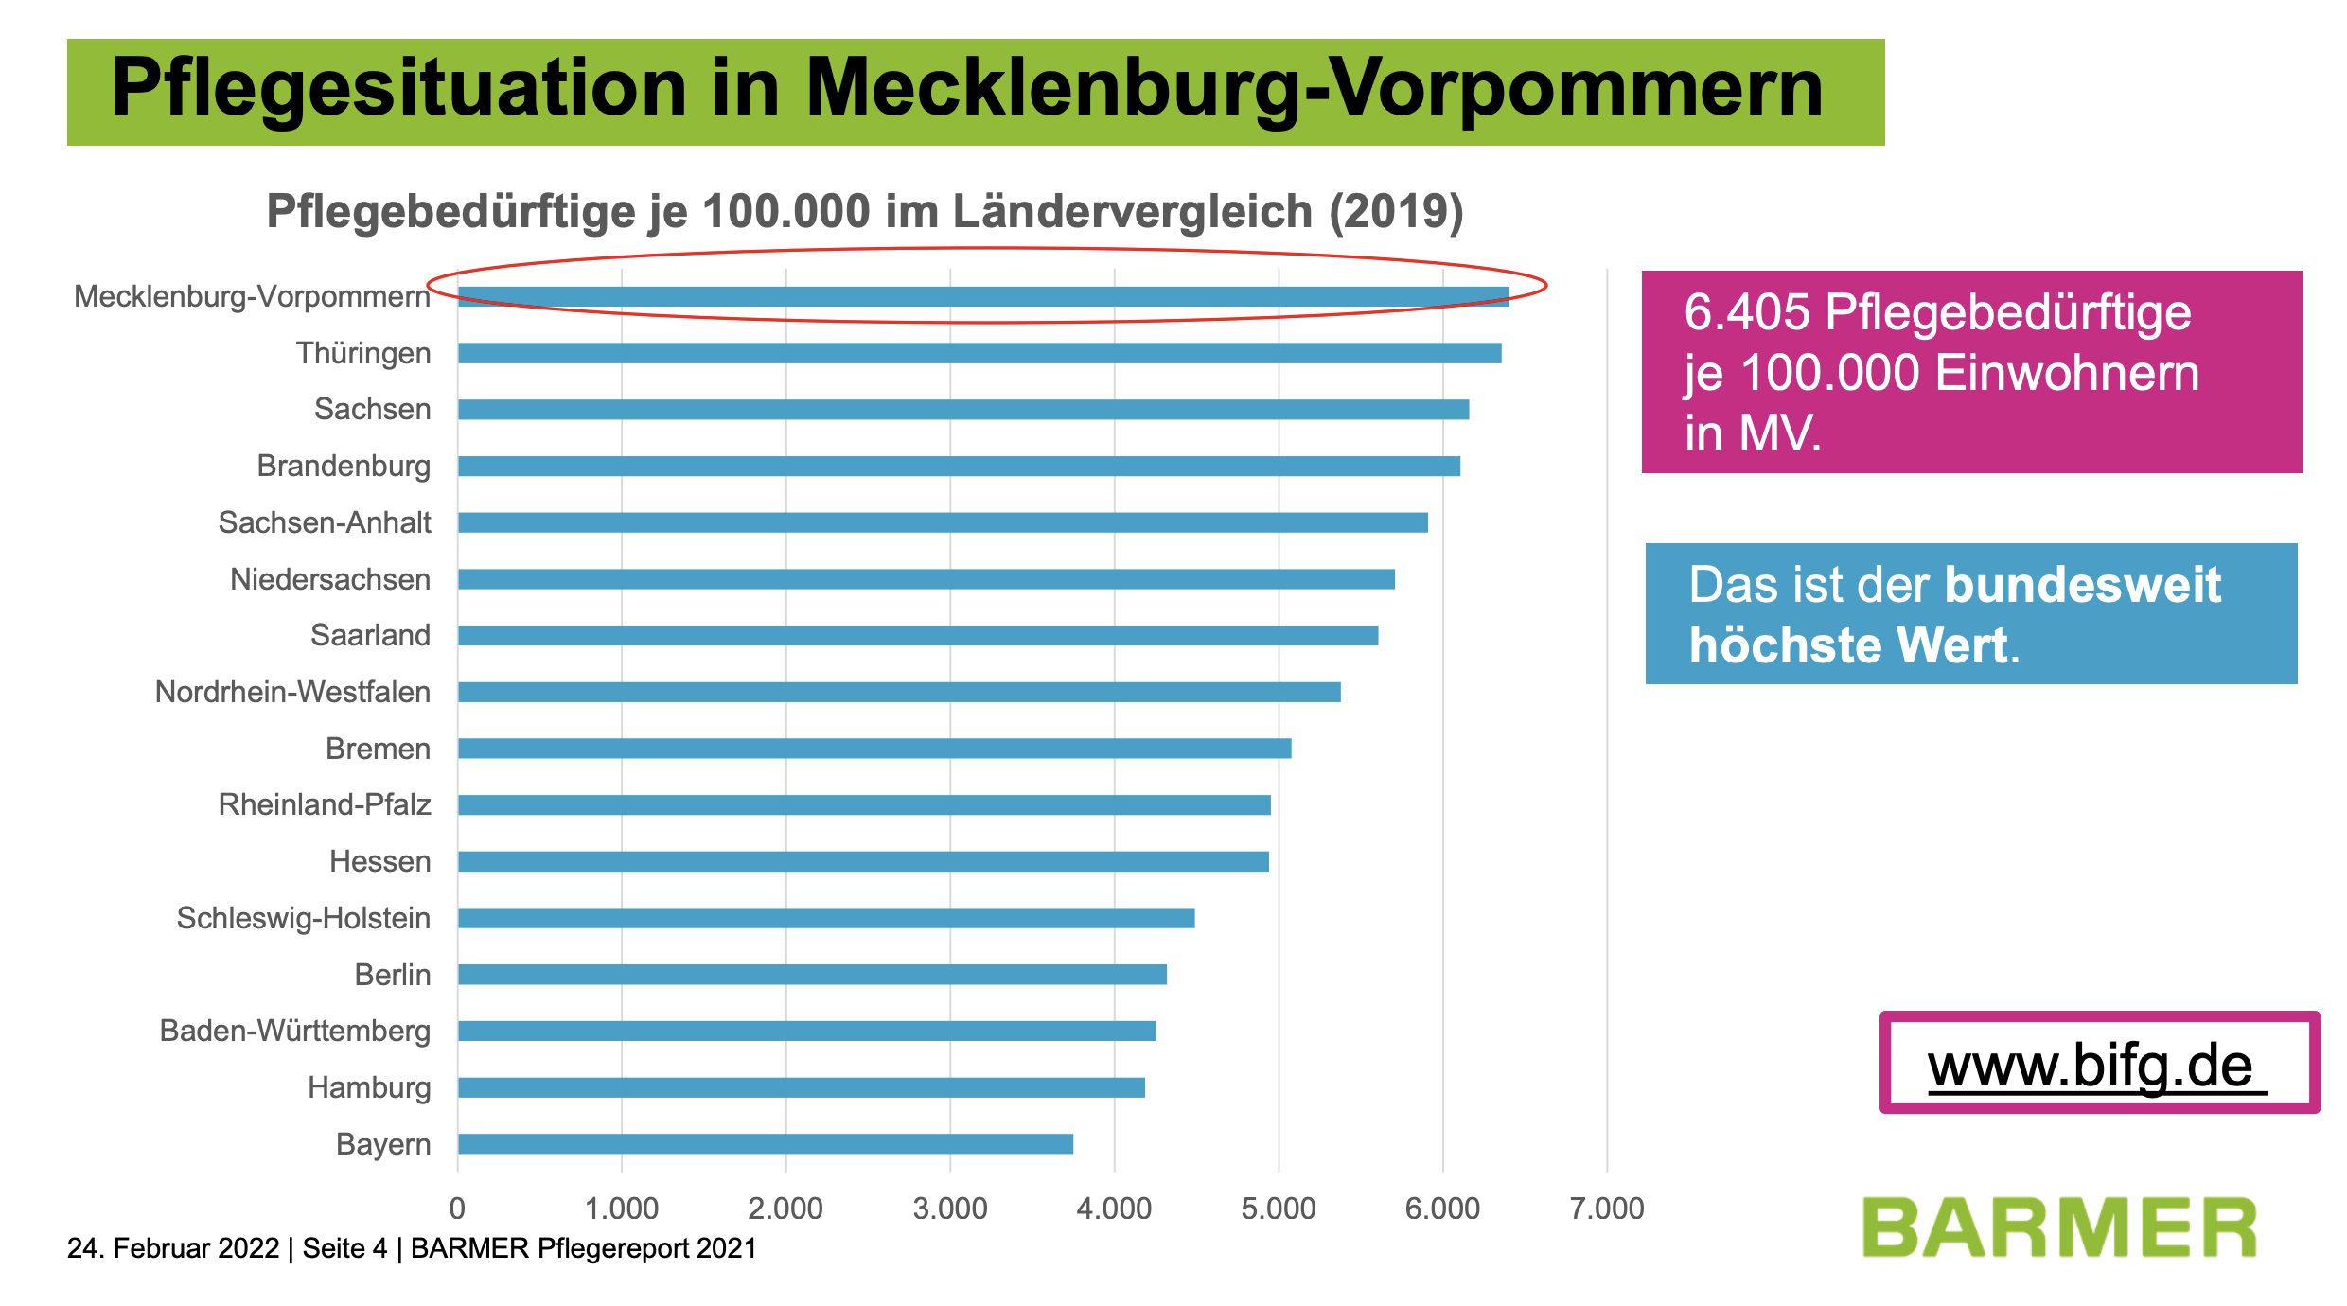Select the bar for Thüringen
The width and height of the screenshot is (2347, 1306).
979,353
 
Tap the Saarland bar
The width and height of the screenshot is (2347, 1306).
918,635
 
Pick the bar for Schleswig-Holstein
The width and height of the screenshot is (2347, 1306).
826,918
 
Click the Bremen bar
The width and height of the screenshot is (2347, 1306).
874,749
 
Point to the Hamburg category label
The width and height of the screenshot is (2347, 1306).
369,1087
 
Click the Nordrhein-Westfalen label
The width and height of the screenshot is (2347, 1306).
292,692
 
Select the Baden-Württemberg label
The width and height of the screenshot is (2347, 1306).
294,1031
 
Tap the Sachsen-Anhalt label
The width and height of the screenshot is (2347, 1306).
325,522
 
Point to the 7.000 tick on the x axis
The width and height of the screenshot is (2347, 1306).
1606,1209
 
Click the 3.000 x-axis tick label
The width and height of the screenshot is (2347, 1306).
949,1209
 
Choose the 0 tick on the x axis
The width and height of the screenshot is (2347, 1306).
457,1209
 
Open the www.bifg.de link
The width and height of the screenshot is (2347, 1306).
2091,1066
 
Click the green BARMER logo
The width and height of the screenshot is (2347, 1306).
2059,1228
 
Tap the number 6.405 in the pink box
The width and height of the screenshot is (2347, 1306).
1746,312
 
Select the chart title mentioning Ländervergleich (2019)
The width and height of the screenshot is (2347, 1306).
865,210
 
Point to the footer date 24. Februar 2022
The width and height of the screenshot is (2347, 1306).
173,1248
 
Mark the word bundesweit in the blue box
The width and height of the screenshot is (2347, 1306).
2082,585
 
